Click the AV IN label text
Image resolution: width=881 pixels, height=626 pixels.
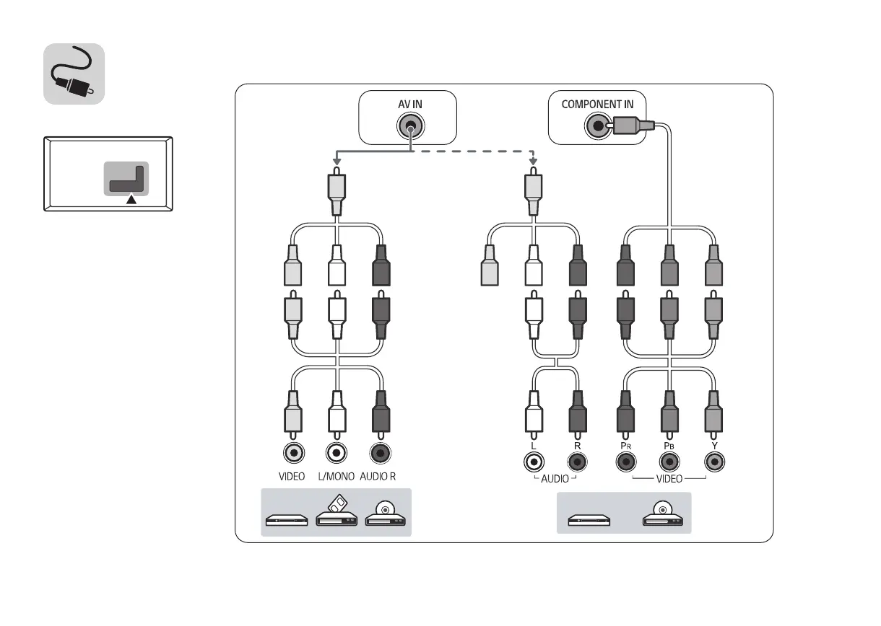coord(409,104)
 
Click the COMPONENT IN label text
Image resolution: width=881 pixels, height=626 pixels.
coord(597,104)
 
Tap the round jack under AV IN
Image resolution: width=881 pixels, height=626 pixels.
coord(409,127)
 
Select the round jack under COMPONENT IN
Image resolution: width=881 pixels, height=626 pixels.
coord(597,127)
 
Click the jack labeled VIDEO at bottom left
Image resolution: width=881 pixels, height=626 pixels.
coord(294,453)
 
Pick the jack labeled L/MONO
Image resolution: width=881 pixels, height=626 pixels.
coord(336,453)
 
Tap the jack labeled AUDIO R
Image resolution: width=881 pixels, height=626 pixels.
coord(380,453)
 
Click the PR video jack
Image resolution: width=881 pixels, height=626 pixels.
coord(625,461)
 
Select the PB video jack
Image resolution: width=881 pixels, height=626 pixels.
coord(669,461)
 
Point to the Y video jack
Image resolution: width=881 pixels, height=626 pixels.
coord(714,461)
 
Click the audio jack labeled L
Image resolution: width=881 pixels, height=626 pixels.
coord(533,461)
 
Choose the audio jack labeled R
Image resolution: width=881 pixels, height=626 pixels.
coord(577,461)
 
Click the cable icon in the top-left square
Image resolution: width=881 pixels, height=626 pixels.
coord(74,74)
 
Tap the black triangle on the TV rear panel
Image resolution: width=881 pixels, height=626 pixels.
coord(131,200)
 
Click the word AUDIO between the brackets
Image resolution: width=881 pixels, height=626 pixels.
coord(555,478)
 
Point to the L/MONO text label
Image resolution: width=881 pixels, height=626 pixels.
coord(337,477)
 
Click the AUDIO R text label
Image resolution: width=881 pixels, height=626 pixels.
coord(378,477)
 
